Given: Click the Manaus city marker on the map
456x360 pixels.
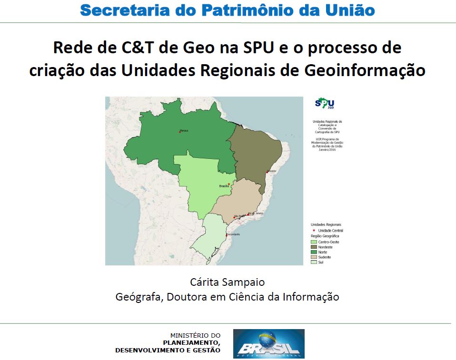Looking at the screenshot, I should point(179,132).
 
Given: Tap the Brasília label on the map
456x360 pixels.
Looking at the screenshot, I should point(223,186).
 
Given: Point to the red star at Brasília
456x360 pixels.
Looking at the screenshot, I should point(229,184).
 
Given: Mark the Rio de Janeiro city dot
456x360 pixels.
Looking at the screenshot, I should point(248,214).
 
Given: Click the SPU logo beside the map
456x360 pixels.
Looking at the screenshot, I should point(325,104).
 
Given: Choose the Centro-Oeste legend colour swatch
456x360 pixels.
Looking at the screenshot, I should point(314,242).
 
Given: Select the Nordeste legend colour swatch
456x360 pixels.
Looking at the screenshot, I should point(314,247).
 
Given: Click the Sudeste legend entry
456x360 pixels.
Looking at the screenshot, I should point(324,257).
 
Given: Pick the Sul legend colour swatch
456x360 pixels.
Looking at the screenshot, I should point(314,262).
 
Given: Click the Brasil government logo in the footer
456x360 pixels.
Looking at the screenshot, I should point(268,343).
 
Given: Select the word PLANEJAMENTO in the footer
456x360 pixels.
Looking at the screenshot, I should point(191,343).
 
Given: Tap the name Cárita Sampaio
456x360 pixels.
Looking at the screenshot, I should point(227,282).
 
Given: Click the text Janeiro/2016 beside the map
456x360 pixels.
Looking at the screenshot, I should point(327,149).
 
